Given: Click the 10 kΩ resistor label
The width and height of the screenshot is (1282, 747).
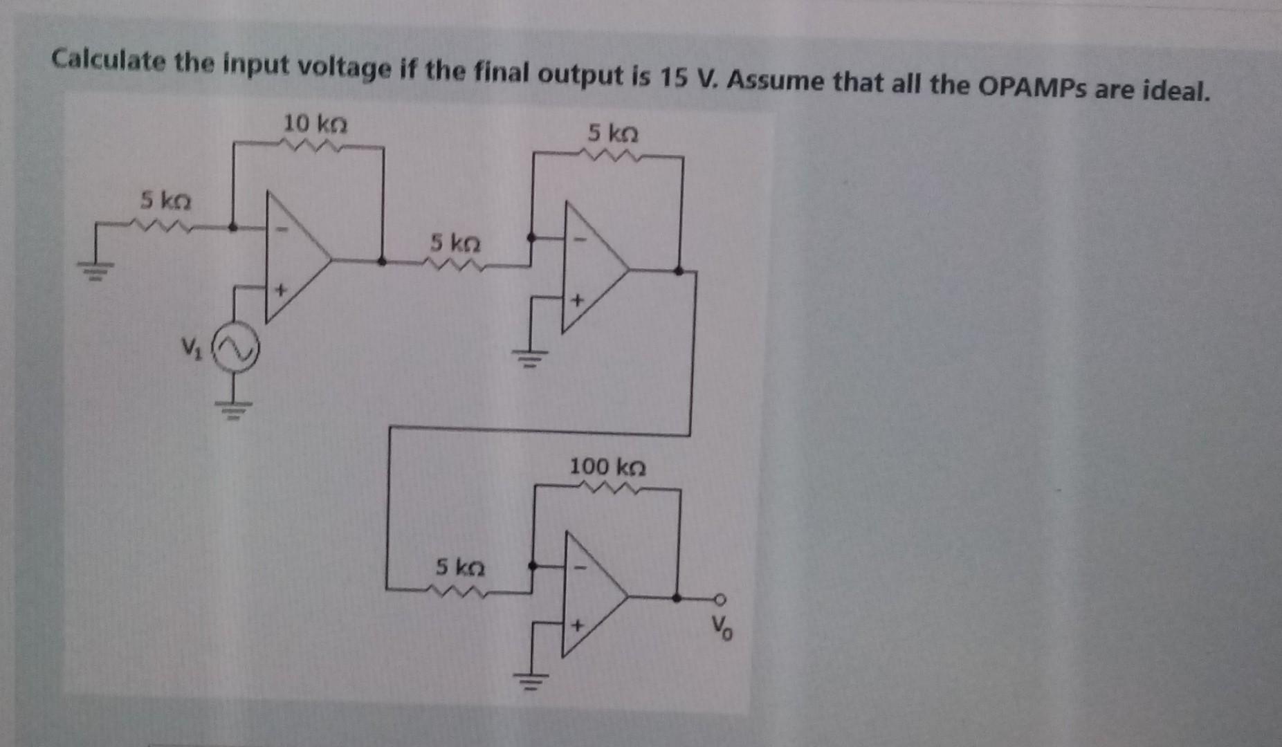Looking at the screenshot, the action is coord(315,124).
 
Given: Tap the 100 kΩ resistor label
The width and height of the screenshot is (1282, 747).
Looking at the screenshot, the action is coord(607,467).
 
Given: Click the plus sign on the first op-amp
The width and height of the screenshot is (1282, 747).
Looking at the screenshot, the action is coord(280,290).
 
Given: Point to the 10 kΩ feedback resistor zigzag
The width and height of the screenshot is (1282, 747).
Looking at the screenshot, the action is coord(308,145).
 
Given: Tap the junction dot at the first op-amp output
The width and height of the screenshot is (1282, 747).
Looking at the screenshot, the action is coord(381,261).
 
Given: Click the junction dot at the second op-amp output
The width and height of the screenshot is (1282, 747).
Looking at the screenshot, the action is coord(679,270).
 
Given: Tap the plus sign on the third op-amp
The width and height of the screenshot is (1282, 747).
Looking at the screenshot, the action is coord(578,625).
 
